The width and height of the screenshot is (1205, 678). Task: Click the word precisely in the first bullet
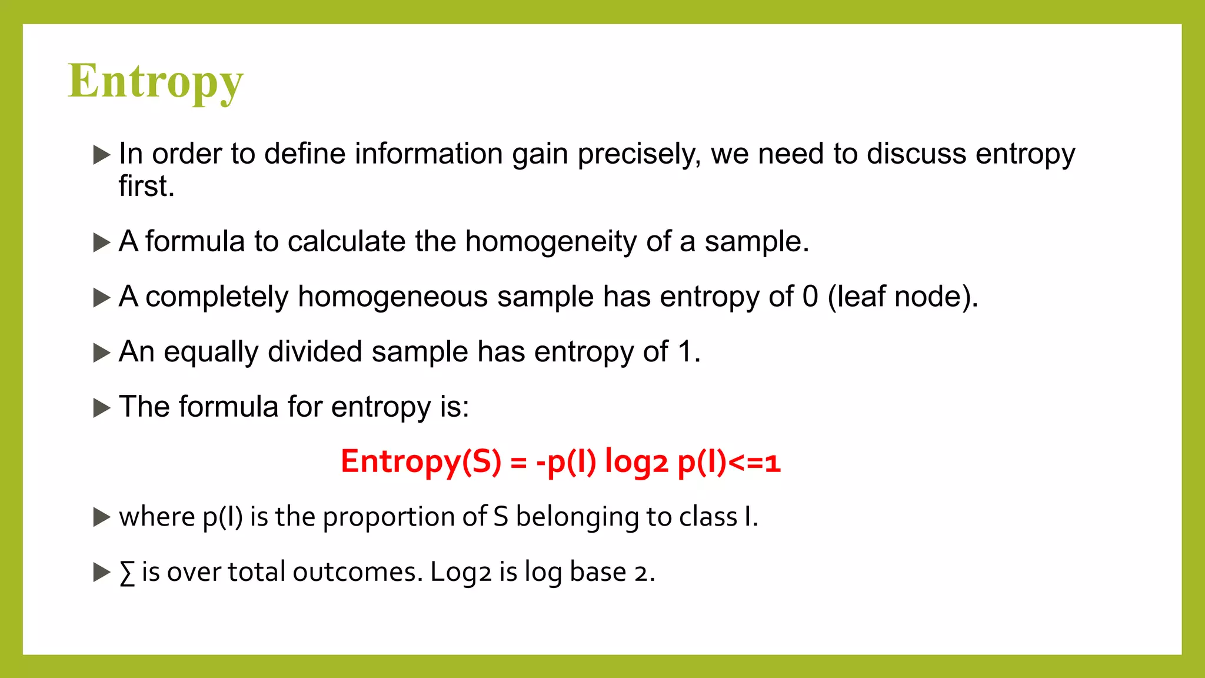pos(639,154)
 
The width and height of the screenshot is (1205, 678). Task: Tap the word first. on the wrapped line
pos(147,186)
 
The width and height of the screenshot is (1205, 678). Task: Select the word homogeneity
pos(551,241)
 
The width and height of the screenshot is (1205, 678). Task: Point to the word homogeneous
pos(392,296)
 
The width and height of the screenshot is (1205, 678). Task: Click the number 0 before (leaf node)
pos(810,296)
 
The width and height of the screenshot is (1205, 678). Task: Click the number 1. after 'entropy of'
pos(689,352)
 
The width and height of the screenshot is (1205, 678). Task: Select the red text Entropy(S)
pos(421,461)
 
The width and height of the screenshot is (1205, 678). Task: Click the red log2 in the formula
pos(637,461)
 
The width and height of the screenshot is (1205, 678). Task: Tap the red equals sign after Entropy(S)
pos(518,462)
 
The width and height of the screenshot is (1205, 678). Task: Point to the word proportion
pos(389,517)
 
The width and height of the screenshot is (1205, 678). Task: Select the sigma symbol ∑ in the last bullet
pos(127,573)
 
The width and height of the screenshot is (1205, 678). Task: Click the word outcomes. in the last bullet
pos(357,572)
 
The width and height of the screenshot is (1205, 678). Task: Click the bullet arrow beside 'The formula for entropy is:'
pos(102,407)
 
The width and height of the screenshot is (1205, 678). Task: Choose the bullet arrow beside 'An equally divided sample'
pos(102,353)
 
